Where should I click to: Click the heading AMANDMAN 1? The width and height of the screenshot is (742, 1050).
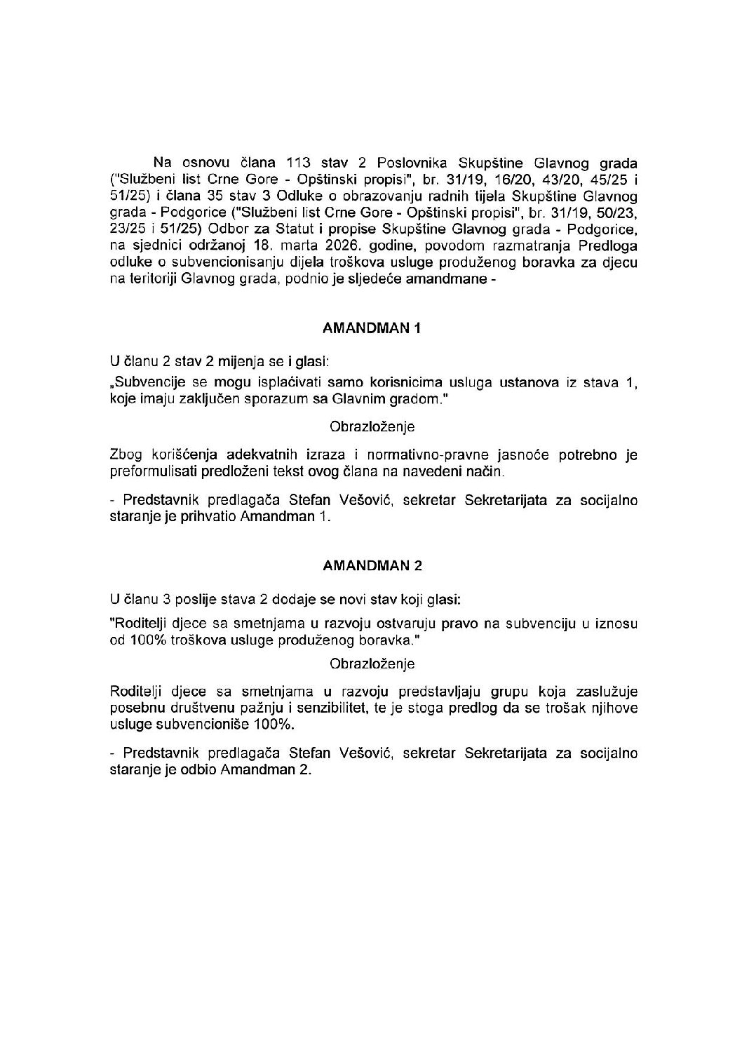click(x=372, y=328)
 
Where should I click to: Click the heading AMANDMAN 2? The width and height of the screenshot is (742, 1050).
click(x=372, y=565)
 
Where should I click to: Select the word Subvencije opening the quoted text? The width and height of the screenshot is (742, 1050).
click(x=148, y=383)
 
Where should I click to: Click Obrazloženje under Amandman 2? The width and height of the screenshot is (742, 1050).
click(x=372, y=664)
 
